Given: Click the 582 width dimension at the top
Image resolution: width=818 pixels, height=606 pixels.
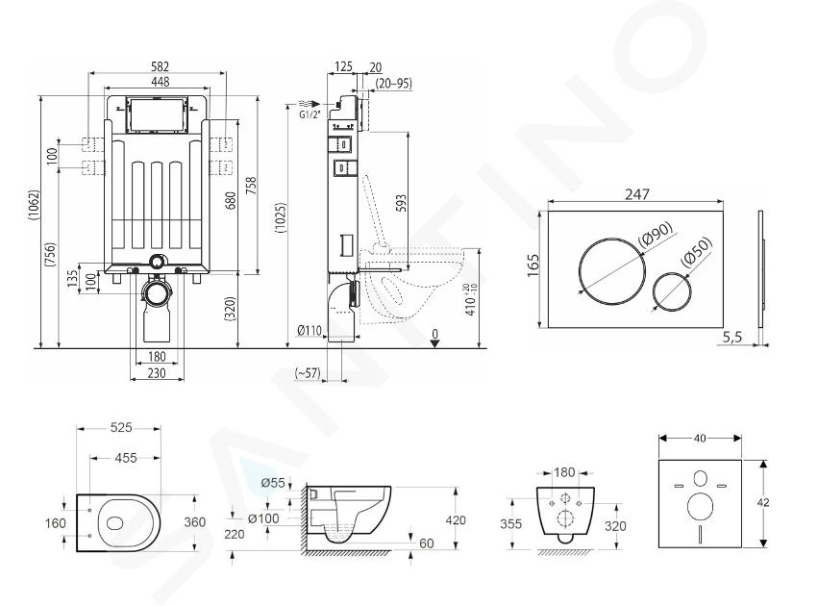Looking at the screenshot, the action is (x=161, y=66).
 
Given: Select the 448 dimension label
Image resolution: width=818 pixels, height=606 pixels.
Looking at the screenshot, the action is (x=161, y=82).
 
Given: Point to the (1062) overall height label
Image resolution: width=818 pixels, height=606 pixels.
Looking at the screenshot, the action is (x=34, y=212).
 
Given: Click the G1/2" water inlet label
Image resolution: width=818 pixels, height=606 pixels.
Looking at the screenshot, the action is (x=310, y=114).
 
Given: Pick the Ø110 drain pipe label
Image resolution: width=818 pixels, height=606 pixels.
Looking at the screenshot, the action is (x=310, y=330).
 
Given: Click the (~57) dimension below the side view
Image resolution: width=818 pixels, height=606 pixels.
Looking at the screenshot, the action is (x=308, y=372).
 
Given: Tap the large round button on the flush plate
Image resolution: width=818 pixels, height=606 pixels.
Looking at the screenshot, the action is (x=612, y=271).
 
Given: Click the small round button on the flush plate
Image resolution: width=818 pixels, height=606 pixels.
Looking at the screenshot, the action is (x=673, y=291).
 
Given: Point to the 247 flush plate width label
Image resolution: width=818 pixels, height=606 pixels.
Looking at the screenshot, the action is (x=637, y=194).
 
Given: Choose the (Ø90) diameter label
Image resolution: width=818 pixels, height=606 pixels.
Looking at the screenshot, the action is (x=656, y=234).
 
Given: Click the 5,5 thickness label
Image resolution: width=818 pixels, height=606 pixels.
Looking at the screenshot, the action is (x=731, y=338).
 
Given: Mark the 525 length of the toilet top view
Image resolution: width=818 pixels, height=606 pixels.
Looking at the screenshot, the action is (x=121, y=427).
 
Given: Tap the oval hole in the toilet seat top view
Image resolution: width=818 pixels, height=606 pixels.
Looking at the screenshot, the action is (x=113, y=522).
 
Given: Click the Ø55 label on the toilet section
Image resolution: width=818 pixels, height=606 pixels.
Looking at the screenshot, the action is (x=273, y=482).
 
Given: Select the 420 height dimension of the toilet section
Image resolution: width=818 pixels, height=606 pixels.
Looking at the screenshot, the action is (x=456, y=519).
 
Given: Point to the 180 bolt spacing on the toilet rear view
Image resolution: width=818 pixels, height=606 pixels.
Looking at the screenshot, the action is (x=564, y=472).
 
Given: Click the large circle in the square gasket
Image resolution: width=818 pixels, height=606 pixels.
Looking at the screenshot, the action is (x=700, y=506).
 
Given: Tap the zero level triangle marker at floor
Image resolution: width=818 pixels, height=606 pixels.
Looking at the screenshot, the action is (x=434, y=343).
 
